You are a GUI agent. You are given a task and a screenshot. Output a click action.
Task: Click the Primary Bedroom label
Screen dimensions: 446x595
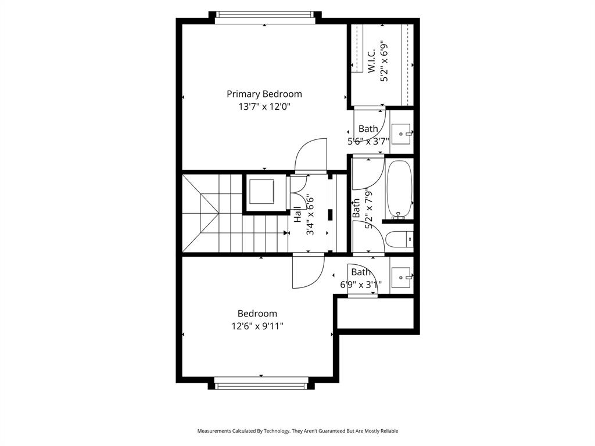coord(264,93)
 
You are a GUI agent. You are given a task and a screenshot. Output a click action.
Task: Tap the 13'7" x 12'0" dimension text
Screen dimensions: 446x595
coord(264,107)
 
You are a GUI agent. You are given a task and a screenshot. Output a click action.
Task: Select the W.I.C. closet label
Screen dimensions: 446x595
coord(371,61)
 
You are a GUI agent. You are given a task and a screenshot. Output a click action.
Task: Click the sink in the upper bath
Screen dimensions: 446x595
coord(401,134)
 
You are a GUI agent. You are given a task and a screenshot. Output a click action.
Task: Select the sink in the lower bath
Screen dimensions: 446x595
coord(401,277)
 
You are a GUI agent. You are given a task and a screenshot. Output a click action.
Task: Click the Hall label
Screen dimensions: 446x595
coord(297,215)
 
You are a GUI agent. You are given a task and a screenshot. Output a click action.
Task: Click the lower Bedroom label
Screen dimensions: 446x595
coord(257,314)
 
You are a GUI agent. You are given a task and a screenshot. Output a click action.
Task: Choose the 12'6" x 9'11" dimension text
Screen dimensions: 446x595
coord(257,326)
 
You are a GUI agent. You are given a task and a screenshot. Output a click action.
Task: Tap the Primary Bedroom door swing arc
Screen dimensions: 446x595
coord(311,155)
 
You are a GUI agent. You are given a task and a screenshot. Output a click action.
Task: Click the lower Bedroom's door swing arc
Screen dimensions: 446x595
coord(309,272)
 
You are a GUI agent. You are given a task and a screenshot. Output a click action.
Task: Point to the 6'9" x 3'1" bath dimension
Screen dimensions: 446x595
coord(361,285)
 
